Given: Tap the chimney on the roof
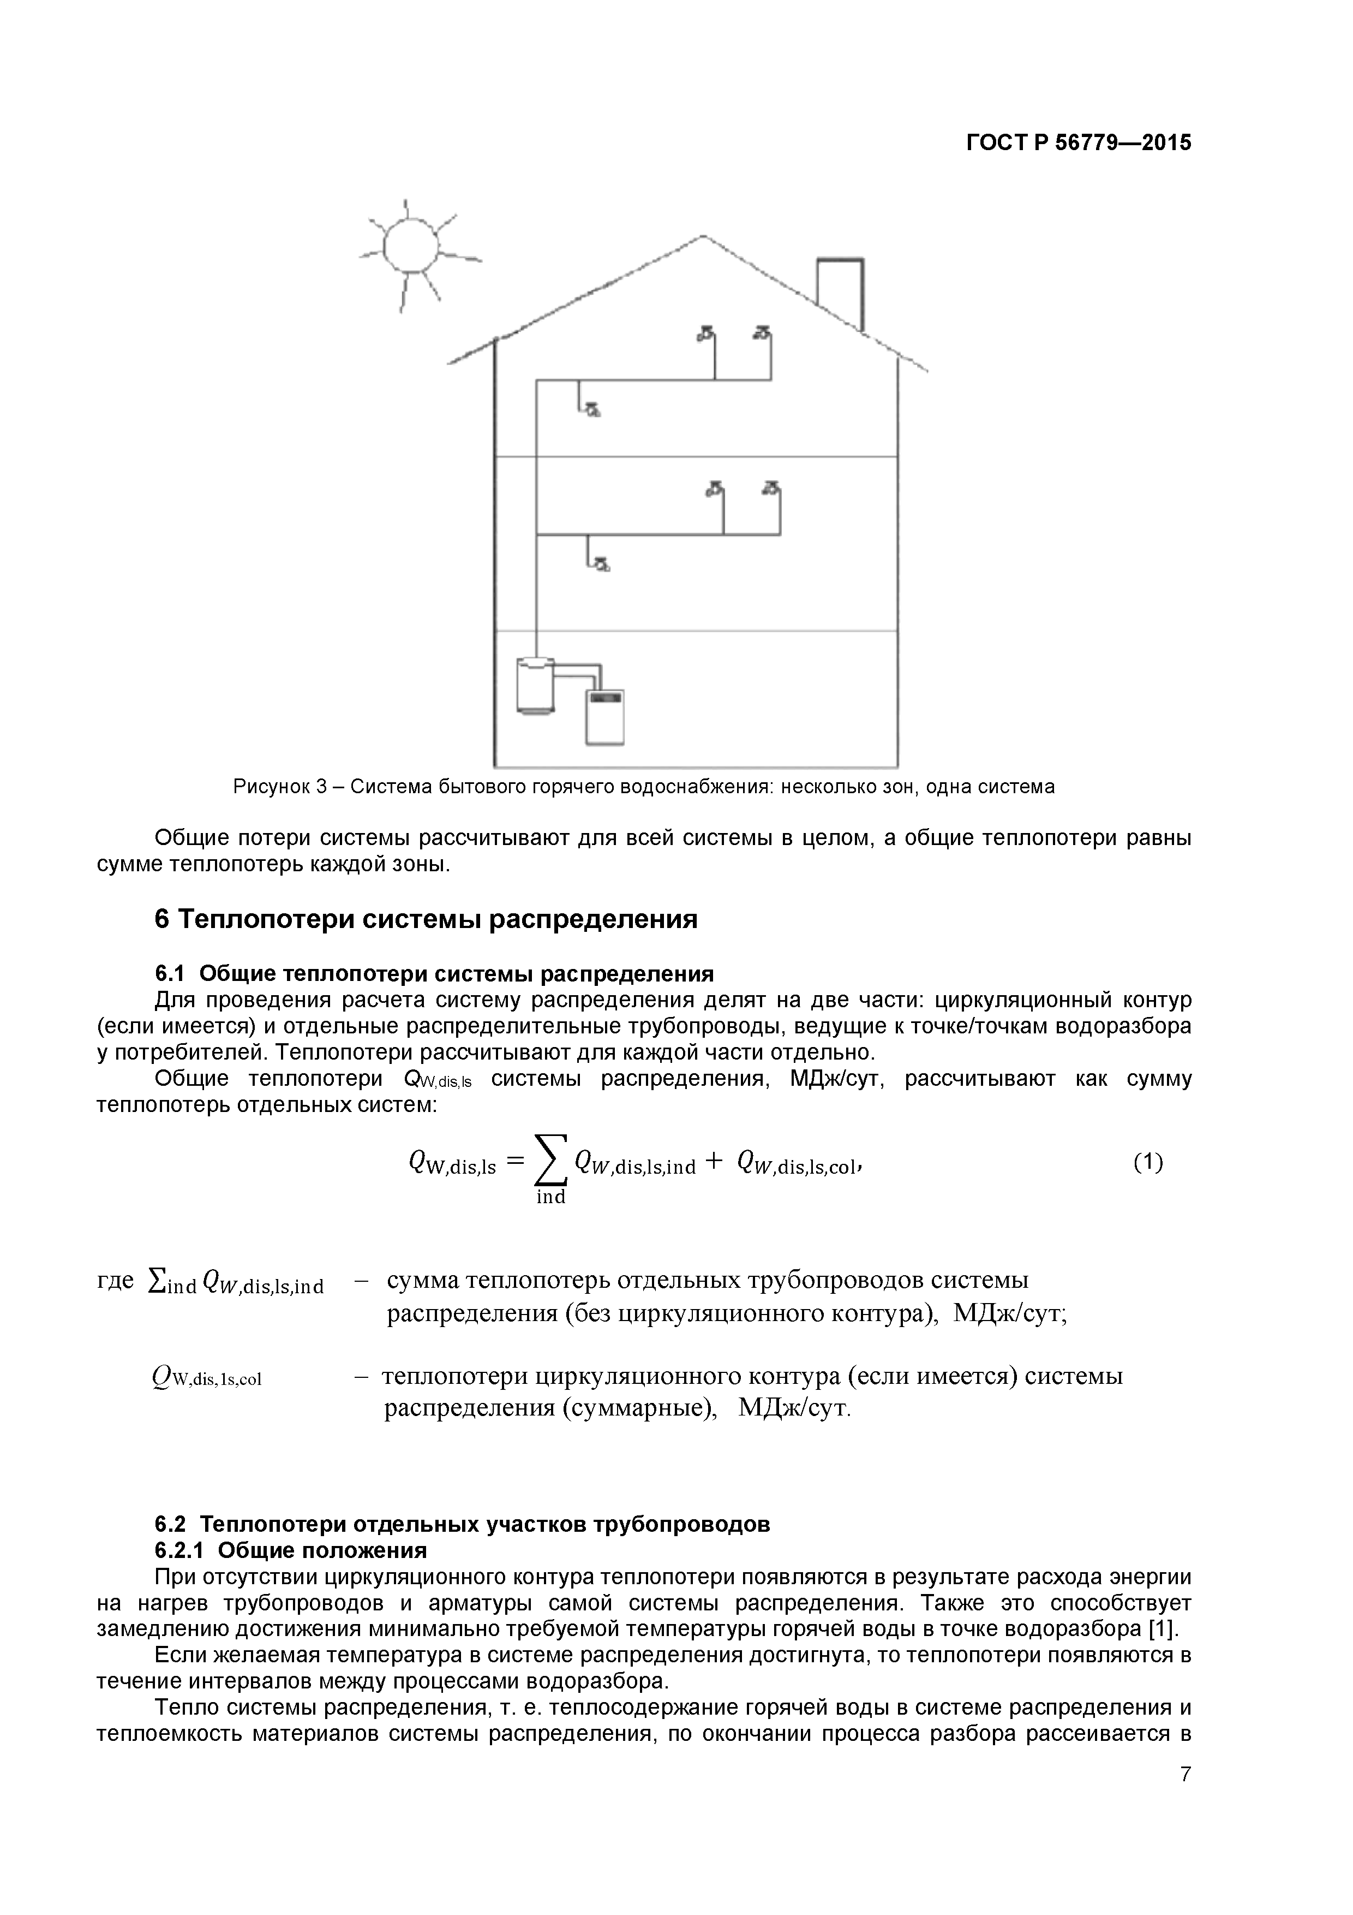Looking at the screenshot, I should (x=840, y=292).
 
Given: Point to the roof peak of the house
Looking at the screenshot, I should (x=702, y=237).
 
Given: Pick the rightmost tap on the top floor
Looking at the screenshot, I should (x=761, y=334).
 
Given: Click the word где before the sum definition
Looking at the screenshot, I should (x=115, y=1280).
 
